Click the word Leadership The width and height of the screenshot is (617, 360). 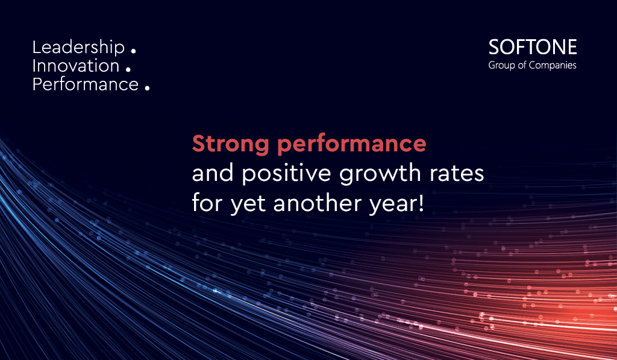coord(78,48)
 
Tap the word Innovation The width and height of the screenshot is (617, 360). coord(75,66)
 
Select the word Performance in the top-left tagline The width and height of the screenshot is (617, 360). coord(86,84)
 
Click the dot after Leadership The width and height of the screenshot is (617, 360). coord(133,51)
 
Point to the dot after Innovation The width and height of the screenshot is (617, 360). coord(128,69)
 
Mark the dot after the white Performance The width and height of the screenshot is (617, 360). coord(147,88)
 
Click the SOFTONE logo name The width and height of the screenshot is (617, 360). coord(533,47)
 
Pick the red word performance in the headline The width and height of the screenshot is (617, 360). coord(352,145)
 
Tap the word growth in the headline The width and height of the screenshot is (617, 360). coord(380,174)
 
